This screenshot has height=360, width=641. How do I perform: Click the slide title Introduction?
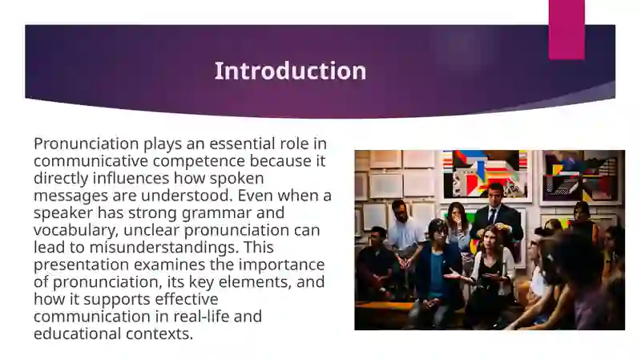290,71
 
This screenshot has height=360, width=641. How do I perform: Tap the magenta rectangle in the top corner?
566,29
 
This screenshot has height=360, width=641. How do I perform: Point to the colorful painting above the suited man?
486,172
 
